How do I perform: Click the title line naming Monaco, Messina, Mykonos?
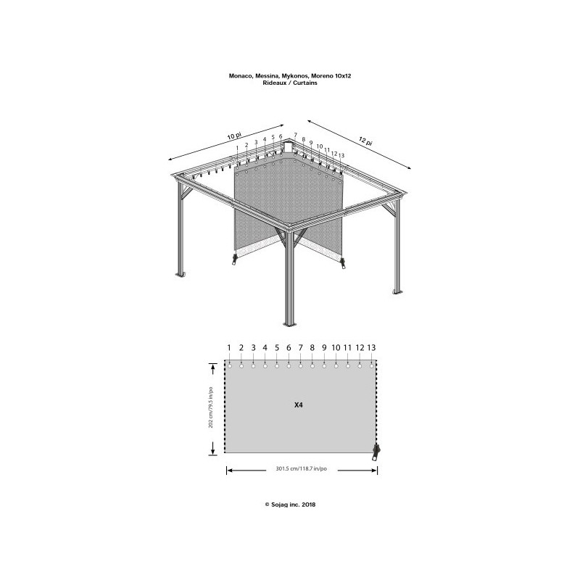click(x=290, y=75)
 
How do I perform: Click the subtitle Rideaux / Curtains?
click(x=290, y=83)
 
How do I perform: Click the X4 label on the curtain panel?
click(x=298, y=405)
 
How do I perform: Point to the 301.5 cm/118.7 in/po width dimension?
click(x=302, y=470)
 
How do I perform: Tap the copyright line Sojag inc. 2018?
click(x=290, y=505)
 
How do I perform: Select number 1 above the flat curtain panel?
click(x=229, y=348)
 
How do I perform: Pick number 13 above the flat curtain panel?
click(x=372, y=348)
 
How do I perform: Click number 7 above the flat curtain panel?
click(x=300, y=348)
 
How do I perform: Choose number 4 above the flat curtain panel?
click(x=265, y=348)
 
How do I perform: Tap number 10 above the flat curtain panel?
click(x=336, y=348)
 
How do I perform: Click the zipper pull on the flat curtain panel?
click(x=376, y=452)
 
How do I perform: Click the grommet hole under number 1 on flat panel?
click(x=230, y=365)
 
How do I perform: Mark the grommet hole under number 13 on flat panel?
click(x=371, y=365)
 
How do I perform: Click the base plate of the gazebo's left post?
click(x=181, y=275)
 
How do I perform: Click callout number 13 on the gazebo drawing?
click(x=341, y=156)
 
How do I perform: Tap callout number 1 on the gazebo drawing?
click(x=237, y=148)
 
